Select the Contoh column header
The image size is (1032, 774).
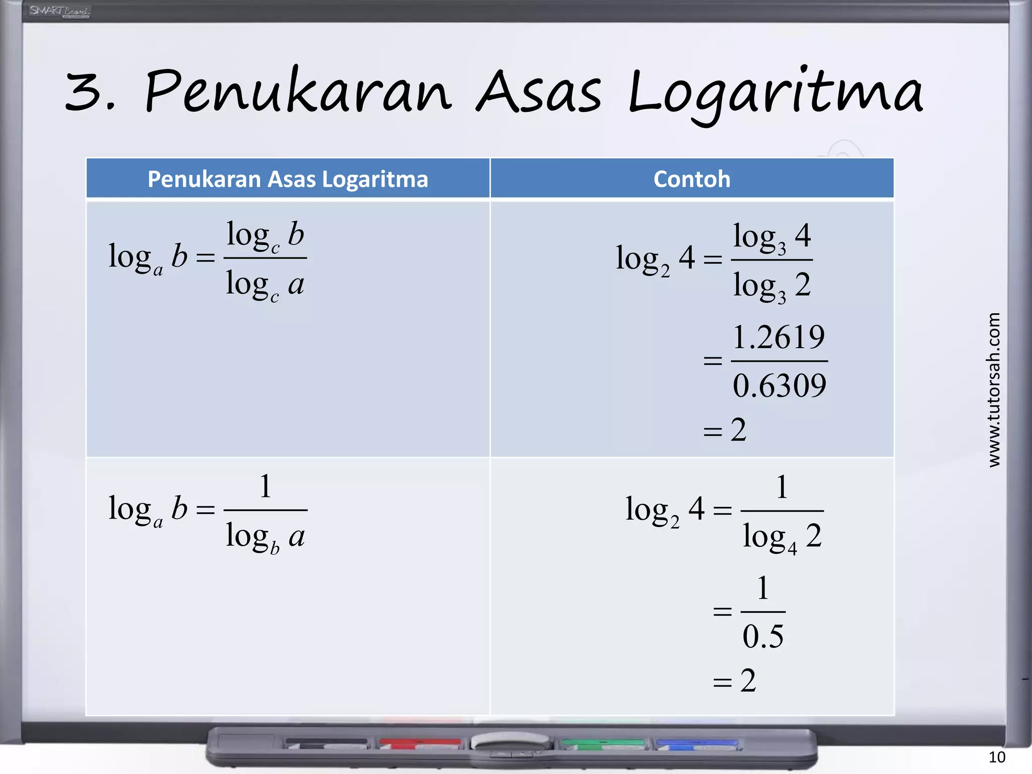tap(692, 179)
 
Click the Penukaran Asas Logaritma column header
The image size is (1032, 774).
tap(288, 179)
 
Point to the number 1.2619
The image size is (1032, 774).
tap(779, 337)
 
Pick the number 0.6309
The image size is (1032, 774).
tap(779, 386)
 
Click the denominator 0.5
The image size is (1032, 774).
tap(763, 636)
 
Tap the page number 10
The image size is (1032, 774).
tap(997, 757)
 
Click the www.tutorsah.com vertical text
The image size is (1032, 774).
tap(994, 390)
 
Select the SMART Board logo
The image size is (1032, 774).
tap(59, 11)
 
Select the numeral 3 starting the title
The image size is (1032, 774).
tap(84, 92)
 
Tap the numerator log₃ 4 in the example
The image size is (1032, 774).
tap(771, 237)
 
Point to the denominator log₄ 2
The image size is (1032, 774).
tap(782, 537)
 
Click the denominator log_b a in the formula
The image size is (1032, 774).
tap(265, 537)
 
